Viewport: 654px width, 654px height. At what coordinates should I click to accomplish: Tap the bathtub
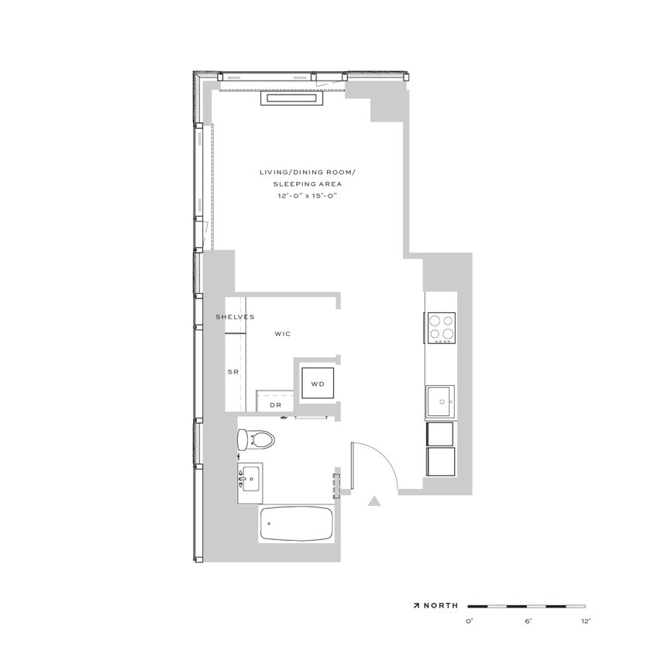point(297,525)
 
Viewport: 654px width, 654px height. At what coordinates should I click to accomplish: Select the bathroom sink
point(250,480)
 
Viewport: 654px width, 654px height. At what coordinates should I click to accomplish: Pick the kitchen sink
point(441,401)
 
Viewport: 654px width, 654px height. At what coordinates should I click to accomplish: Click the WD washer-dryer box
point(317,383)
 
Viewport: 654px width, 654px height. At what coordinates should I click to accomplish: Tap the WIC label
point(282,334)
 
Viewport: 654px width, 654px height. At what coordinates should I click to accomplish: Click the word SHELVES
point(235,317)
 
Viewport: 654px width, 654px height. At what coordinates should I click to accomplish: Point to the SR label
point(232,373)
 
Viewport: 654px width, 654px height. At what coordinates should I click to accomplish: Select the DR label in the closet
point(275,404)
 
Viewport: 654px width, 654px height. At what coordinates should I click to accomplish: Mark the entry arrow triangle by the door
point(374,501)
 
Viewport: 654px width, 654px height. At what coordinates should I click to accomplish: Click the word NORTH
point(441,605)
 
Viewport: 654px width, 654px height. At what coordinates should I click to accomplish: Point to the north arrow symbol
point(416,605)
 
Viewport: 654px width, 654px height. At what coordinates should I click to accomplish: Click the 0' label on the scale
point(470,621)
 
